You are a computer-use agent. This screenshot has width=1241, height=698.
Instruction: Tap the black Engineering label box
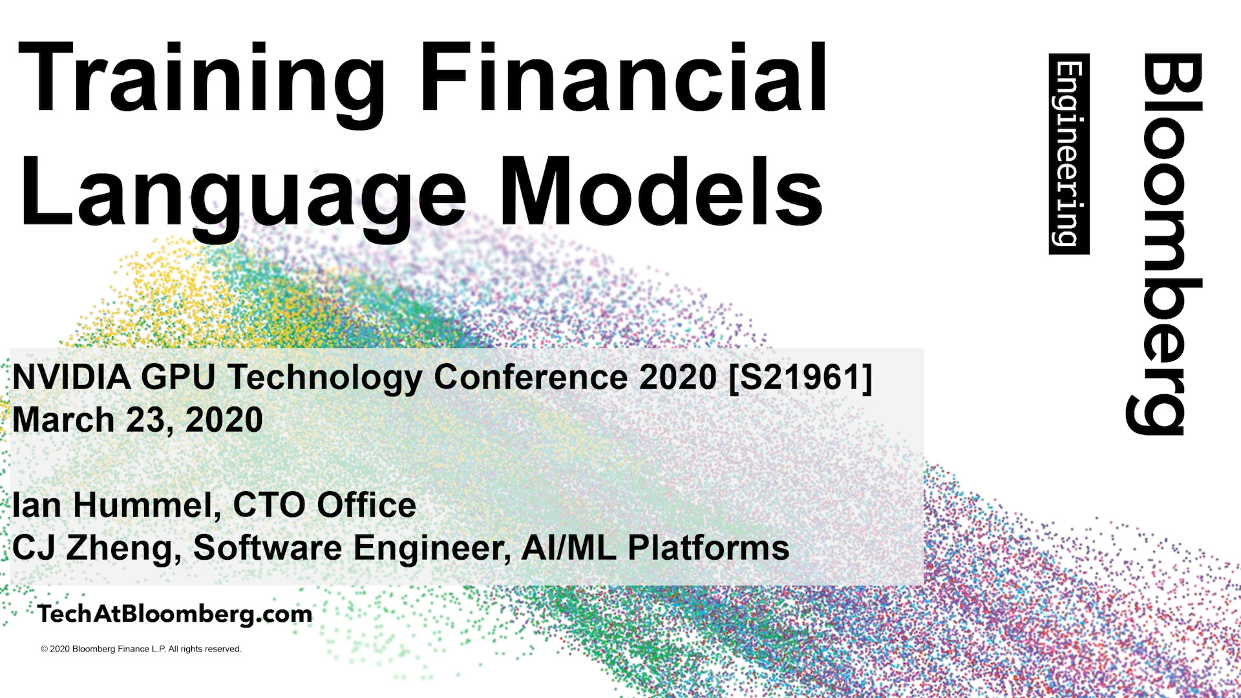pos(1069,154)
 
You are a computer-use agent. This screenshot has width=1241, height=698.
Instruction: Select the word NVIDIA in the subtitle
pos(72,377)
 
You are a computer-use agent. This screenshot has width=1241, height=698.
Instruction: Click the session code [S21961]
pos(801,377)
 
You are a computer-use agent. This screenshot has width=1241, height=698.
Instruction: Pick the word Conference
pos(531,377)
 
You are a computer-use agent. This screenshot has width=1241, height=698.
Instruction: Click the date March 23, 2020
pos(138,420)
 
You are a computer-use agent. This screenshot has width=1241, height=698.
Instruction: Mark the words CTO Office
pos(324,505)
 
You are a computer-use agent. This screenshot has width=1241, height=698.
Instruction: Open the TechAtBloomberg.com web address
pos(175,614)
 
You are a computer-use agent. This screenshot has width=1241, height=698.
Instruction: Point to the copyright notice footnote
pos(141,649)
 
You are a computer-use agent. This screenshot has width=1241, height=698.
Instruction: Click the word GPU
pos(178,377)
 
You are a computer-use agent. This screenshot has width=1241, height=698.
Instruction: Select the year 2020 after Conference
pos(678,377)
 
